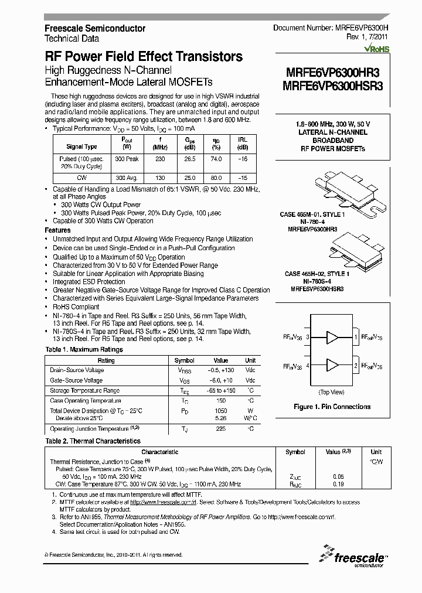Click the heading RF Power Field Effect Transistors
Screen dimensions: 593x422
pos(144,57)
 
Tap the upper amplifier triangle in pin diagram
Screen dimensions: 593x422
pos(332,338)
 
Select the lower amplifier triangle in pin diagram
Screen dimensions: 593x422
pos(332,366)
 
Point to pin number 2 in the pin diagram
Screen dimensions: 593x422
pos(355,366)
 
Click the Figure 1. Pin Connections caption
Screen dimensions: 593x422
pos(331,407)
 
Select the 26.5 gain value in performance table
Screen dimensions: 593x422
pos(190,159)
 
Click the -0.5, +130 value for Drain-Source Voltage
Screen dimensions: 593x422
pos(221,370)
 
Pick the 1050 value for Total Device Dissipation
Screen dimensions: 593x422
pos(221,411)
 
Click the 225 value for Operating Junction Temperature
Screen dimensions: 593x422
pos(221,429)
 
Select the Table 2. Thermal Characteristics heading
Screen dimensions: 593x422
pos(93,441)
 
